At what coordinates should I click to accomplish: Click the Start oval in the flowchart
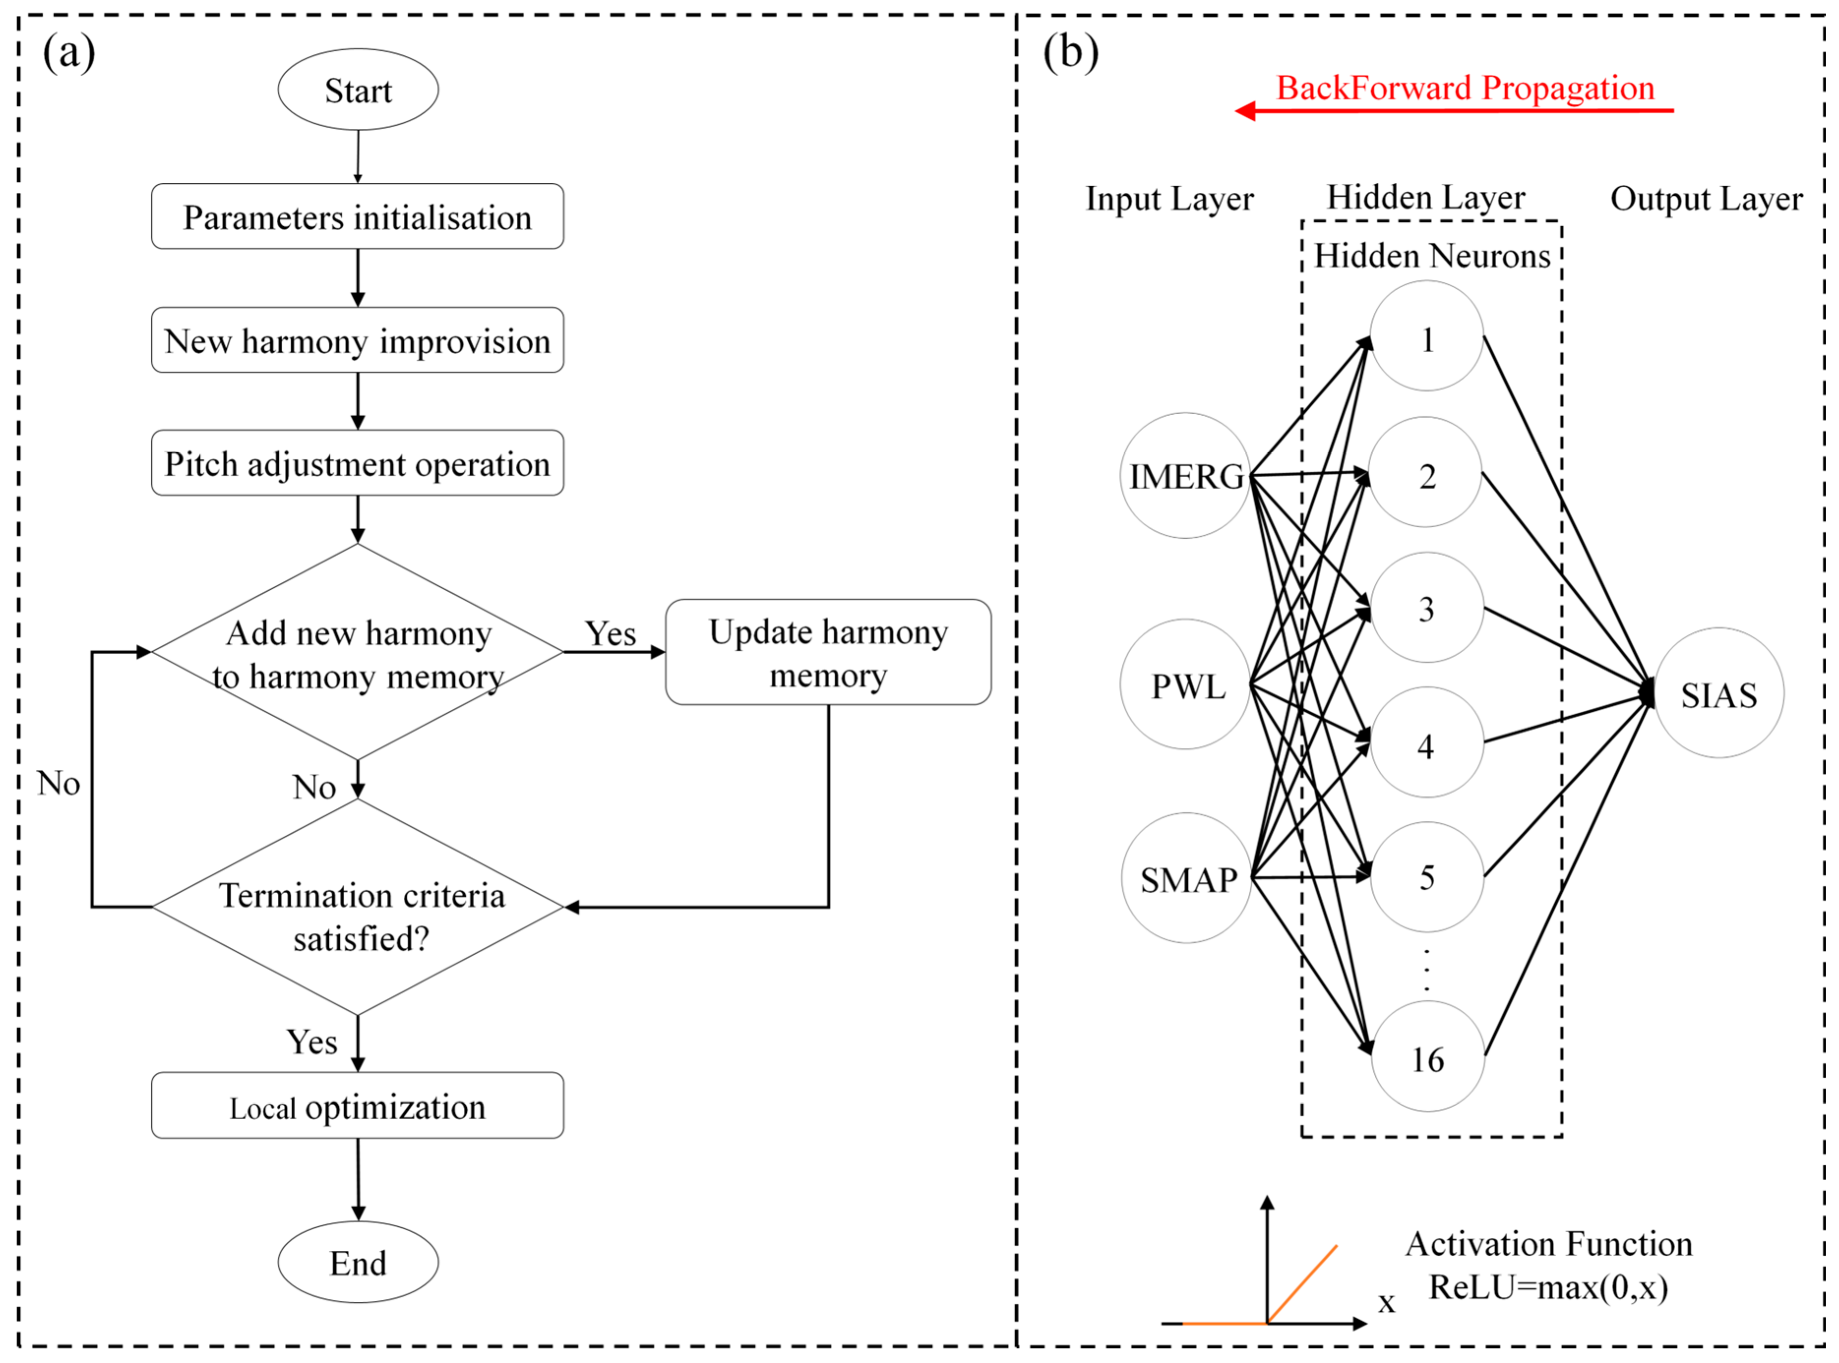(x=358, y=89)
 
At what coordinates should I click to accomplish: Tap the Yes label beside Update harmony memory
(x=610, y=634)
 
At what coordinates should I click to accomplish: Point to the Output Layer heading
(x=1706, y=199)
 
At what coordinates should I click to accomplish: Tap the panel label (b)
(x=1070, y=52)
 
